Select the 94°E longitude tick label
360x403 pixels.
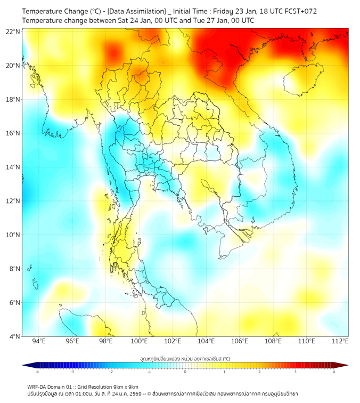39,341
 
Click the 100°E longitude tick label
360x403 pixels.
139,341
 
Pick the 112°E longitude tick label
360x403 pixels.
340,341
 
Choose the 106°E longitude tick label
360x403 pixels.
240,341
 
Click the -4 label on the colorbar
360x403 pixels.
37,372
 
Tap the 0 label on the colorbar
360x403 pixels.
185,372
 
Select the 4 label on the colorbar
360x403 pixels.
334,372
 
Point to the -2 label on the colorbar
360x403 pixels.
111,372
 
